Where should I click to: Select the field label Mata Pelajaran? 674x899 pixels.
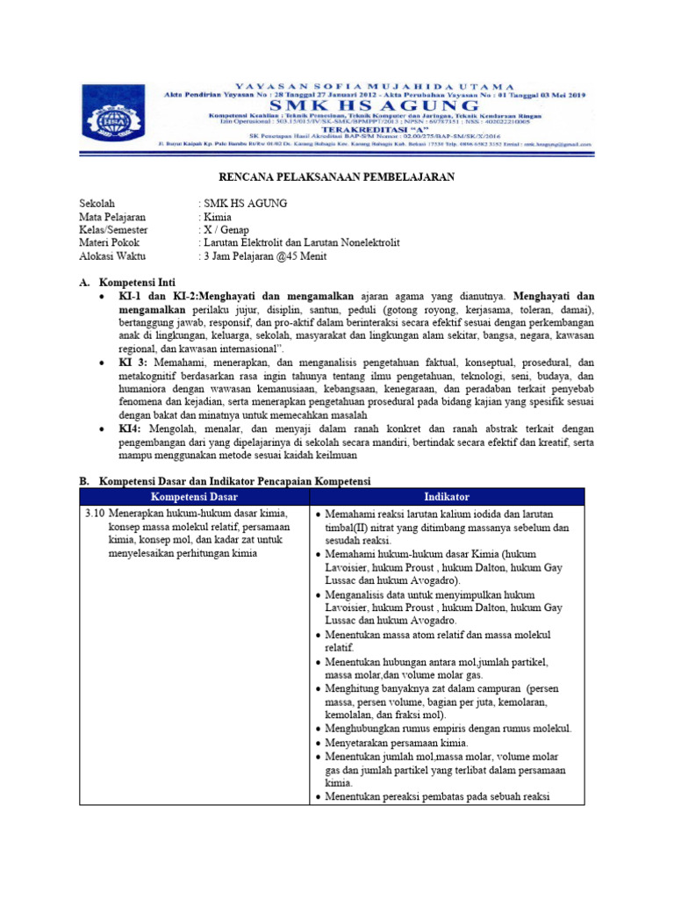tap(112, 216)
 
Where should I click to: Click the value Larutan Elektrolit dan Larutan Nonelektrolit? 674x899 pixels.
tap(300, 242)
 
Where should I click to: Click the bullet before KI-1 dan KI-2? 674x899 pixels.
tap(104, 298)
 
